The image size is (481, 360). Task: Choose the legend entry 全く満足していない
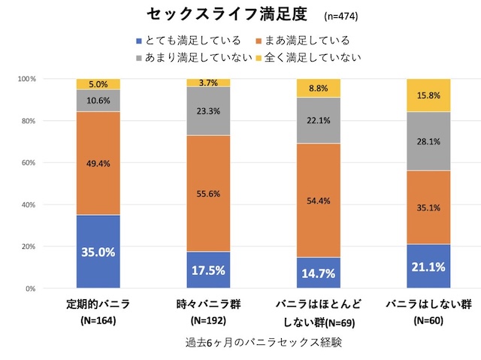(x=313, y=56)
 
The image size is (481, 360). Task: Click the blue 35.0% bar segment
(x=98, y=252)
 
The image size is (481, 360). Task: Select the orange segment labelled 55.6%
(x=208, y=193)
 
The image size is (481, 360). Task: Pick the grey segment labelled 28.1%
(x=429, y=141)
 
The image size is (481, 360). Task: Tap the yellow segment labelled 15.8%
(x=429, y=95)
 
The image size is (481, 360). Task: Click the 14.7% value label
(x=319, y=273)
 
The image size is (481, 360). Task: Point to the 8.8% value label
(x=319, y=88)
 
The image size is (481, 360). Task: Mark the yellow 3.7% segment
(x=208, y=82)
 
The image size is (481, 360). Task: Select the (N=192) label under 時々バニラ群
(x=208, y=322)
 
